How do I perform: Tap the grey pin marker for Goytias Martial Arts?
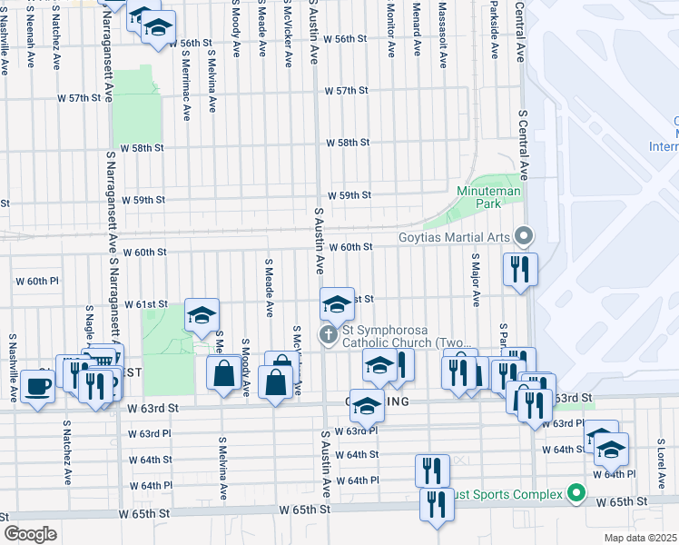[524, 237]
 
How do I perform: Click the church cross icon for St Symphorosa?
[328, 335]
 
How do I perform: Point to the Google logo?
[30, 533]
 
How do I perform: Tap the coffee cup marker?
[37, 388]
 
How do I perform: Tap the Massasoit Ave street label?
[443, 36]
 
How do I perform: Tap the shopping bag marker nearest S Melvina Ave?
[223, 372]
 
